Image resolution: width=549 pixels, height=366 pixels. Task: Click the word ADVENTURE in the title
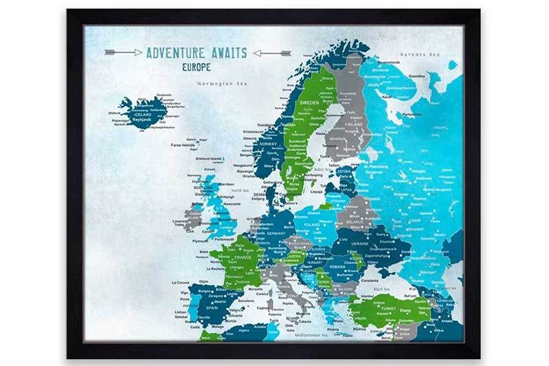coord(174,53)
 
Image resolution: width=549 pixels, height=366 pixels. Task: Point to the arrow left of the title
coord(123,52)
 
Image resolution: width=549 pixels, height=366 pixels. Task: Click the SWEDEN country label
coord(310,103)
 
